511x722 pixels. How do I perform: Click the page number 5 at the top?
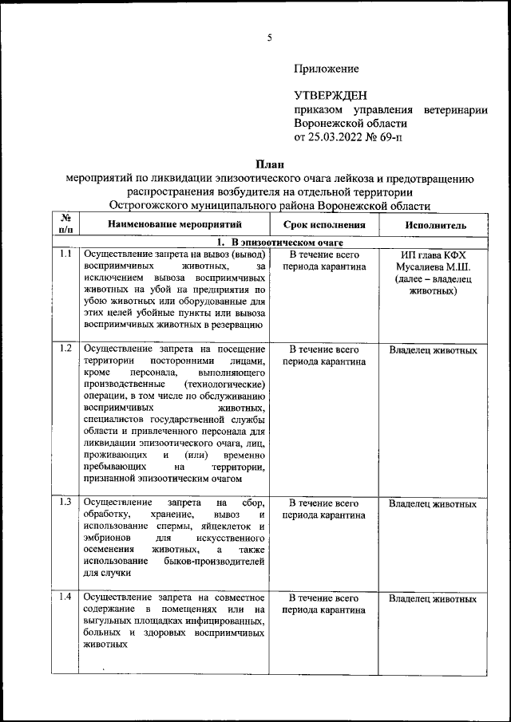coord(270,37)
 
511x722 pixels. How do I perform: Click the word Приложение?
coord(326,69)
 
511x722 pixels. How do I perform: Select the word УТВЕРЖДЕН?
coord(331,95)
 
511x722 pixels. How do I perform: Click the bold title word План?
coord(270,164)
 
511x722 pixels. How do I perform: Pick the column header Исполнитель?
coord(434,225)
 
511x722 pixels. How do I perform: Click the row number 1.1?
coord(66,254)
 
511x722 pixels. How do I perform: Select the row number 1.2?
coord(66,349)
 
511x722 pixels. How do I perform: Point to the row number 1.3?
coord(66,502)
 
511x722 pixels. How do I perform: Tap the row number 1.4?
coord(66,597)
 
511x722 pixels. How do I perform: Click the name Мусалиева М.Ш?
coord(434,267)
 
